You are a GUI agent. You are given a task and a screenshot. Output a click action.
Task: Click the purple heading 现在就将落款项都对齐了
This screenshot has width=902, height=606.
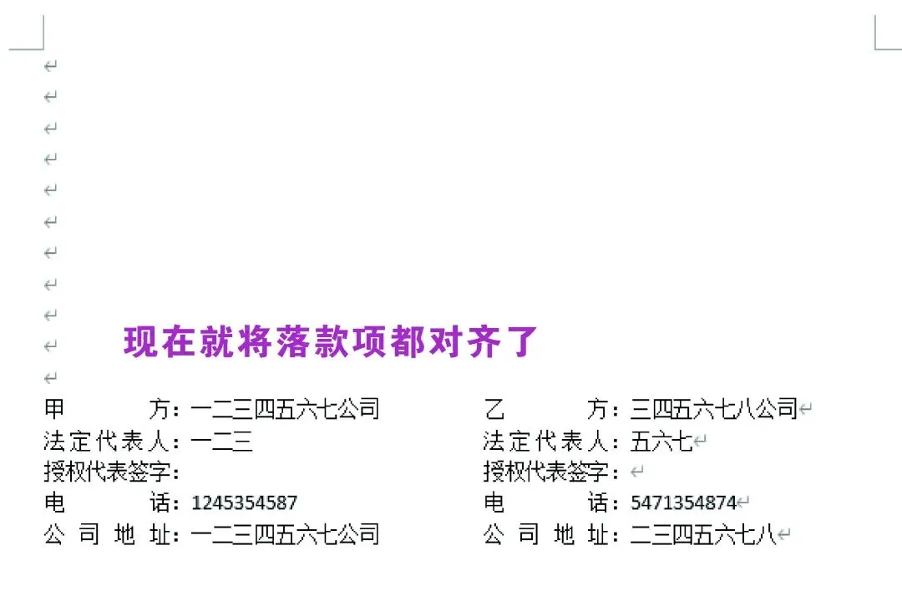tap(331, 341)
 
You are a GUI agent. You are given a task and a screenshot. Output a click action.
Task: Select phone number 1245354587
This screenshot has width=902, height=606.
tap(245, 503)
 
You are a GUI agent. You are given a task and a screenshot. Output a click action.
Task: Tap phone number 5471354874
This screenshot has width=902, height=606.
tap(683, 503)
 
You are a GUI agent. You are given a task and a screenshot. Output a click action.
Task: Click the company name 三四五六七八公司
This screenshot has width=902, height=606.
tap(714, 409)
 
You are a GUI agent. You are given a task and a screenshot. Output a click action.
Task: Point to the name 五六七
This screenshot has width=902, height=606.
tap(662, 442)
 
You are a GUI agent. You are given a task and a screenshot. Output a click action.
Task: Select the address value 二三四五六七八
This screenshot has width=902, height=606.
tap(703, 535)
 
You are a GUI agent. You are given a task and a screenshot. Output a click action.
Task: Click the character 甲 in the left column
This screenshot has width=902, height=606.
tap(54, 409)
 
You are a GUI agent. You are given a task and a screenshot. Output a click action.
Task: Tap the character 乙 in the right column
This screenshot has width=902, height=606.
tap(494, 409)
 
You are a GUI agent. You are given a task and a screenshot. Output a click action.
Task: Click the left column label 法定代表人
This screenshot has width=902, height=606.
tap(106, 442)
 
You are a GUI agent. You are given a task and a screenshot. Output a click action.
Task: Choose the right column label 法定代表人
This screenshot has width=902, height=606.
tap(545, 442)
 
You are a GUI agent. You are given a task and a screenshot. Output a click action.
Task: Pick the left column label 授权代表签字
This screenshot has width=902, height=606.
tap(107, 472)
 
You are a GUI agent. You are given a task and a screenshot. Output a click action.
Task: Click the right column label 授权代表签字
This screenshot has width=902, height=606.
tap(546, 472)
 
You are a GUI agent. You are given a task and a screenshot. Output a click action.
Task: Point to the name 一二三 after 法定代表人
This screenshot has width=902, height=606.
tap(221, 442)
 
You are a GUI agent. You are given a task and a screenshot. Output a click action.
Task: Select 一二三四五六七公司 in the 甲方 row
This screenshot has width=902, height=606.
tap(286, 409)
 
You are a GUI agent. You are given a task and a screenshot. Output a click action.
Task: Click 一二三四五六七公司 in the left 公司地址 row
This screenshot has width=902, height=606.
tap(286, 535)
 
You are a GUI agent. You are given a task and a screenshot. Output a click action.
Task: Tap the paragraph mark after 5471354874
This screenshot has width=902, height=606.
tap(743, 502)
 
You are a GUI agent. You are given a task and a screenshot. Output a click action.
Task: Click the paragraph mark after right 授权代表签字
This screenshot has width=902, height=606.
tap(636, 472)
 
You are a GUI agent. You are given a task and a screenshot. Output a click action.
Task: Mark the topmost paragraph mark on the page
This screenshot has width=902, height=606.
tap(51, 66)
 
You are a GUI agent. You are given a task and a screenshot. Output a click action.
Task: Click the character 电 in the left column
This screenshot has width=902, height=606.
tap(54, 503)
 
